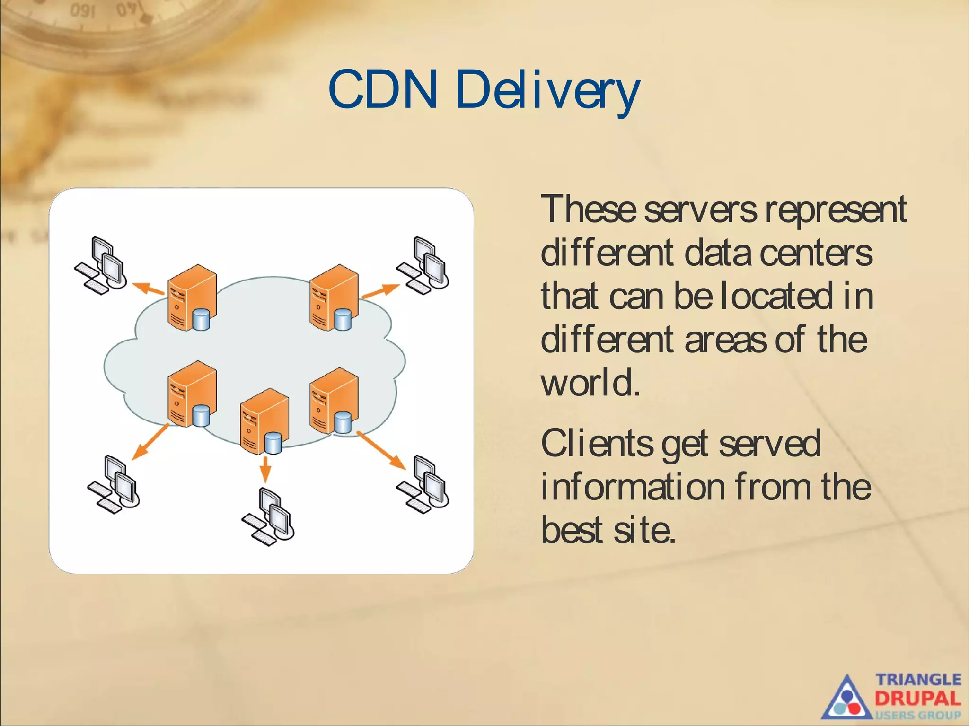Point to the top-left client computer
[x=102, y=265]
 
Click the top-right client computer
[x=424, y=265]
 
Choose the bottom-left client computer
[x=114, y=485]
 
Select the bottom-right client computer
[x=424, y=485]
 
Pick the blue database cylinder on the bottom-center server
[x=273, y=443]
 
